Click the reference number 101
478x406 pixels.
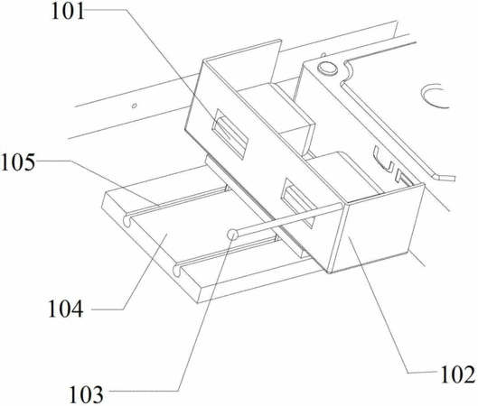(x=68, y=13)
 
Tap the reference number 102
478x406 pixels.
(x=458, y=374)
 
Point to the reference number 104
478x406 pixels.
(x=66, y=309)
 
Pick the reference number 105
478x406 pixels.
(x=18, y=161)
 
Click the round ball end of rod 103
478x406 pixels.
(x=232, y=235)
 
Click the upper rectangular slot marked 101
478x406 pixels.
(x=230, y=134)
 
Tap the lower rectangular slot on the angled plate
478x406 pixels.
(x=297, y=202)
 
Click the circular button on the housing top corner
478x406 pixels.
(x=327, y=69)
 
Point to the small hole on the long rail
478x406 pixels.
(x=134, y=106)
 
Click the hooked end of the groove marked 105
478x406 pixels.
(x=127, y=222)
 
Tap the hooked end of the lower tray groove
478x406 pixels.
(x=177, y=271)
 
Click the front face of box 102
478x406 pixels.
(x=378, y=229)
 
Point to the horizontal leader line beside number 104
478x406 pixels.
(x=108, y=309)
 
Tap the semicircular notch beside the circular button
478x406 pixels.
(x=348, y=69)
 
